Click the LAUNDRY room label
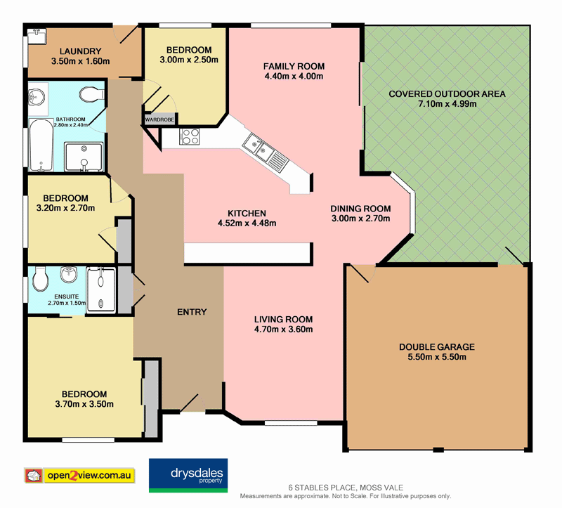point(81,51)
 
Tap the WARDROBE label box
point(159,119)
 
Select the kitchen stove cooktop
point(191,136)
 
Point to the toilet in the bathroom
point(90,94)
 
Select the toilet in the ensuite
point(41,281)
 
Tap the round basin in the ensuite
point(68,273)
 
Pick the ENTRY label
point(192,312)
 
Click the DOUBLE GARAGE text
point(436,347)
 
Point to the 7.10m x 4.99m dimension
point(447,104)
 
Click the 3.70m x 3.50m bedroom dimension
point(84,404)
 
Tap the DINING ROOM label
point(360,208)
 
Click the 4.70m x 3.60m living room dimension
point(283,329)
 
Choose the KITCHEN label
point(247,214)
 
